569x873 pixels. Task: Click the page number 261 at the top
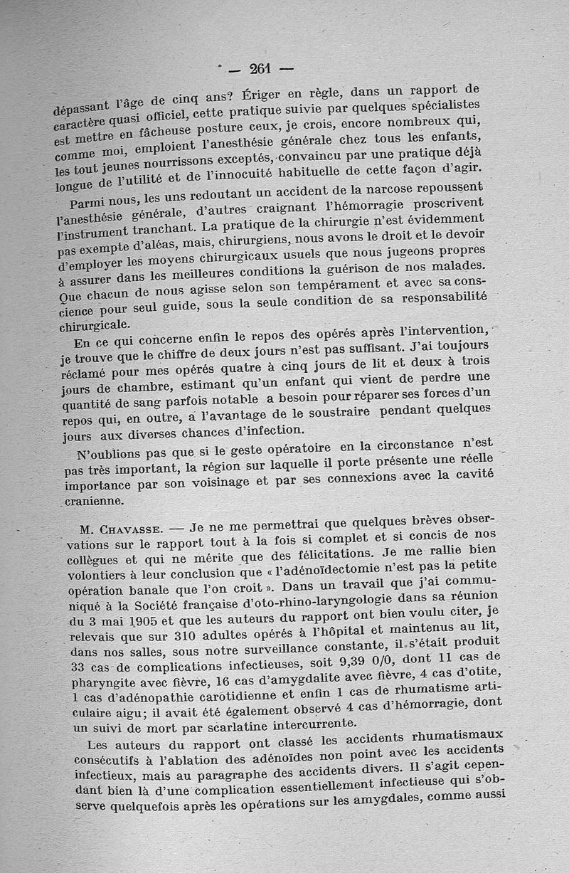click(256, 69)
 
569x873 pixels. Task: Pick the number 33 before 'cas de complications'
click(80, 667)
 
